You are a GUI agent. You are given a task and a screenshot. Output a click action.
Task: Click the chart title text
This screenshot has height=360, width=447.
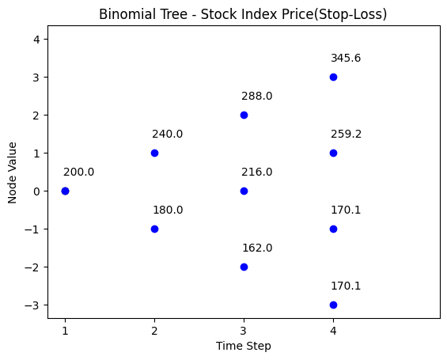tap(243, 14)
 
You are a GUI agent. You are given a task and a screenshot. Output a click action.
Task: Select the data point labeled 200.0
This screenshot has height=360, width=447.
tap(66, 191)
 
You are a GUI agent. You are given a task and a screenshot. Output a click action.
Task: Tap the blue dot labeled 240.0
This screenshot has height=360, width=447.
tap(154, 153)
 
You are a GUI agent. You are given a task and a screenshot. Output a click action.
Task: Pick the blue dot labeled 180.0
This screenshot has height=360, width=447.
tap(154, 229)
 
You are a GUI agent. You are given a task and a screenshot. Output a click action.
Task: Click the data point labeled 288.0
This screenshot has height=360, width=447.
tap(244, 116)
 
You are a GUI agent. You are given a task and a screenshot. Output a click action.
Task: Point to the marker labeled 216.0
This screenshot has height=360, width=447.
tap(244, 191)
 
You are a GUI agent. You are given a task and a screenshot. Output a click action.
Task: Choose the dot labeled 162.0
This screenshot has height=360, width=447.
tap(244, 267)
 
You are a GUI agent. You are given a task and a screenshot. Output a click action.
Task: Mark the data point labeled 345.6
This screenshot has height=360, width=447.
tap(333, 78)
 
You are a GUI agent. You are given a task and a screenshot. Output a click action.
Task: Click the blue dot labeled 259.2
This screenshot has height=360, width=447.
tap(333, 153)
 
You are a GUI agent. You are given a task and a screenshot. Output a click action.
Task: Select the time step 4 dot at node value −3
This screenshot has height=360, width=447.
tap(333, 305)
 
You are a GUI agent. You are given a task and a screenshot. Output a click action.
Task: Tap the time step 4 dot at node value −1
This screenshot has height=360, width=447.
tap(333, 229)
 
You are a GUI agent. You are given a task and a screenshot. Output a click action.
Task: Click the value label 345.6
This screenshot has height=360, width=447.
tap(346, 58)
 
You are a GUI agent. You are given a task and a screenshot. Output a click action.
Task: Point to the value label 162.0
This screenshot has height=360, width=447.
tap(257, 248)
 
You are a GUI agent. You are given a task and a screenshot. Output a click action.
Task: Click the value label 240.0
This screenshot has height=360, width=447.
tap(168, 134)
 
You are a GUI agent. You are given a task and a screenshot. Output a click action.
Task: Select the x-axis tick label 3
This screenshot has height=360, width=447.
tap(243, 331)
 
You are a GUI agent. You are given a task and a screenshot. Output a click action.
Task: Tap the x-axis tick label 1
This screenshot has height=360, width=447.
tap(66, 331)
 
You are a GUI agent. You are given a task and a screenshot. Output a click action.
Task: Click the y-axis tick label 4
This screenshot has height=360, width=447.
tap(36, 40)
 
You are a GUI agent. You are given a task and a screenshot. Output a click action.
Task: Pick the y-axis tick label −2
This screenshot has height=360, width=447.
tap(32, 267)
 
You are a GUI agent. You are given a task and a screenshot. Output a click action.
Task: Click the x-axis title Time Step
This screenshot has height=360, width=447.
tap(244, 346)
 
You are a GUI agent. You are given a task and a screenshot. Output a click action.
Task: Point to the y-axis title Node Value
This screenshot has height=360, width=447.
tap(12, 173)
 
